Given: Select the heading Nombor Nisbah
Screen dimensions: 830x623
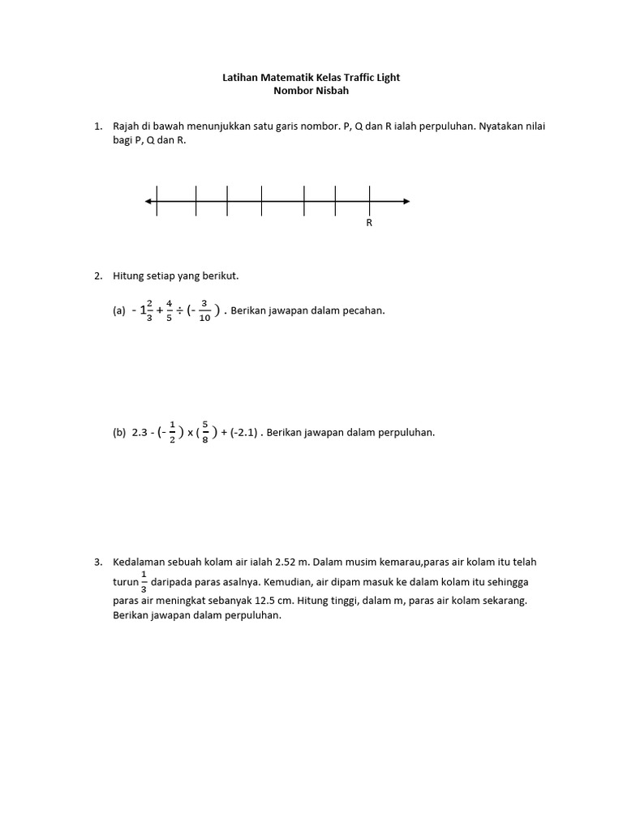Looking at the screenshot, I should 311,92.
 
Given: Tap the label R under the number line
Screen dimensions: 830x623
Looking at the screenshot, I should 369,223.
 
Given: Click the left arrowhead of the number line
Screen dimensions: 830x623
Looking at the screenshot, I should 148,201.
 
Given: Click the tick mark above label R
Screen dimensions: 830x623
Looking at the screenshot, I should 369,201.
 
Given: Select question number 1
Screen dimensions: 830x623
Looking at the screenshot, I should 97,127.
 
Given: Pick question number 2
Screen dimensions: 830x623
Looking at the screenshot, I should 97,276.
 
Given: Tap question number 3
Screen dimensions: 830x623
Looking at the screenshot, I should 97,562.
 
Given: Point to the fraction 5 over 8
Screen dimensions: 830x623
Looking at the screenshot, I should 205,433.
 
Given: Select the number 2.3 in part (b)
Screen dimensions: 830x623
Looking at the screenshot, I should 139,433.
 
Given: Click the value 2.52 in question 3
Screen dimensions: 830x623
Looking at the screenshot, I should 286,562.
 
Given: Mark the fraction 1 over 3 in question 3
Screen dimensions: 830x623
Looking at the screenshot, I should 144,582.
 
